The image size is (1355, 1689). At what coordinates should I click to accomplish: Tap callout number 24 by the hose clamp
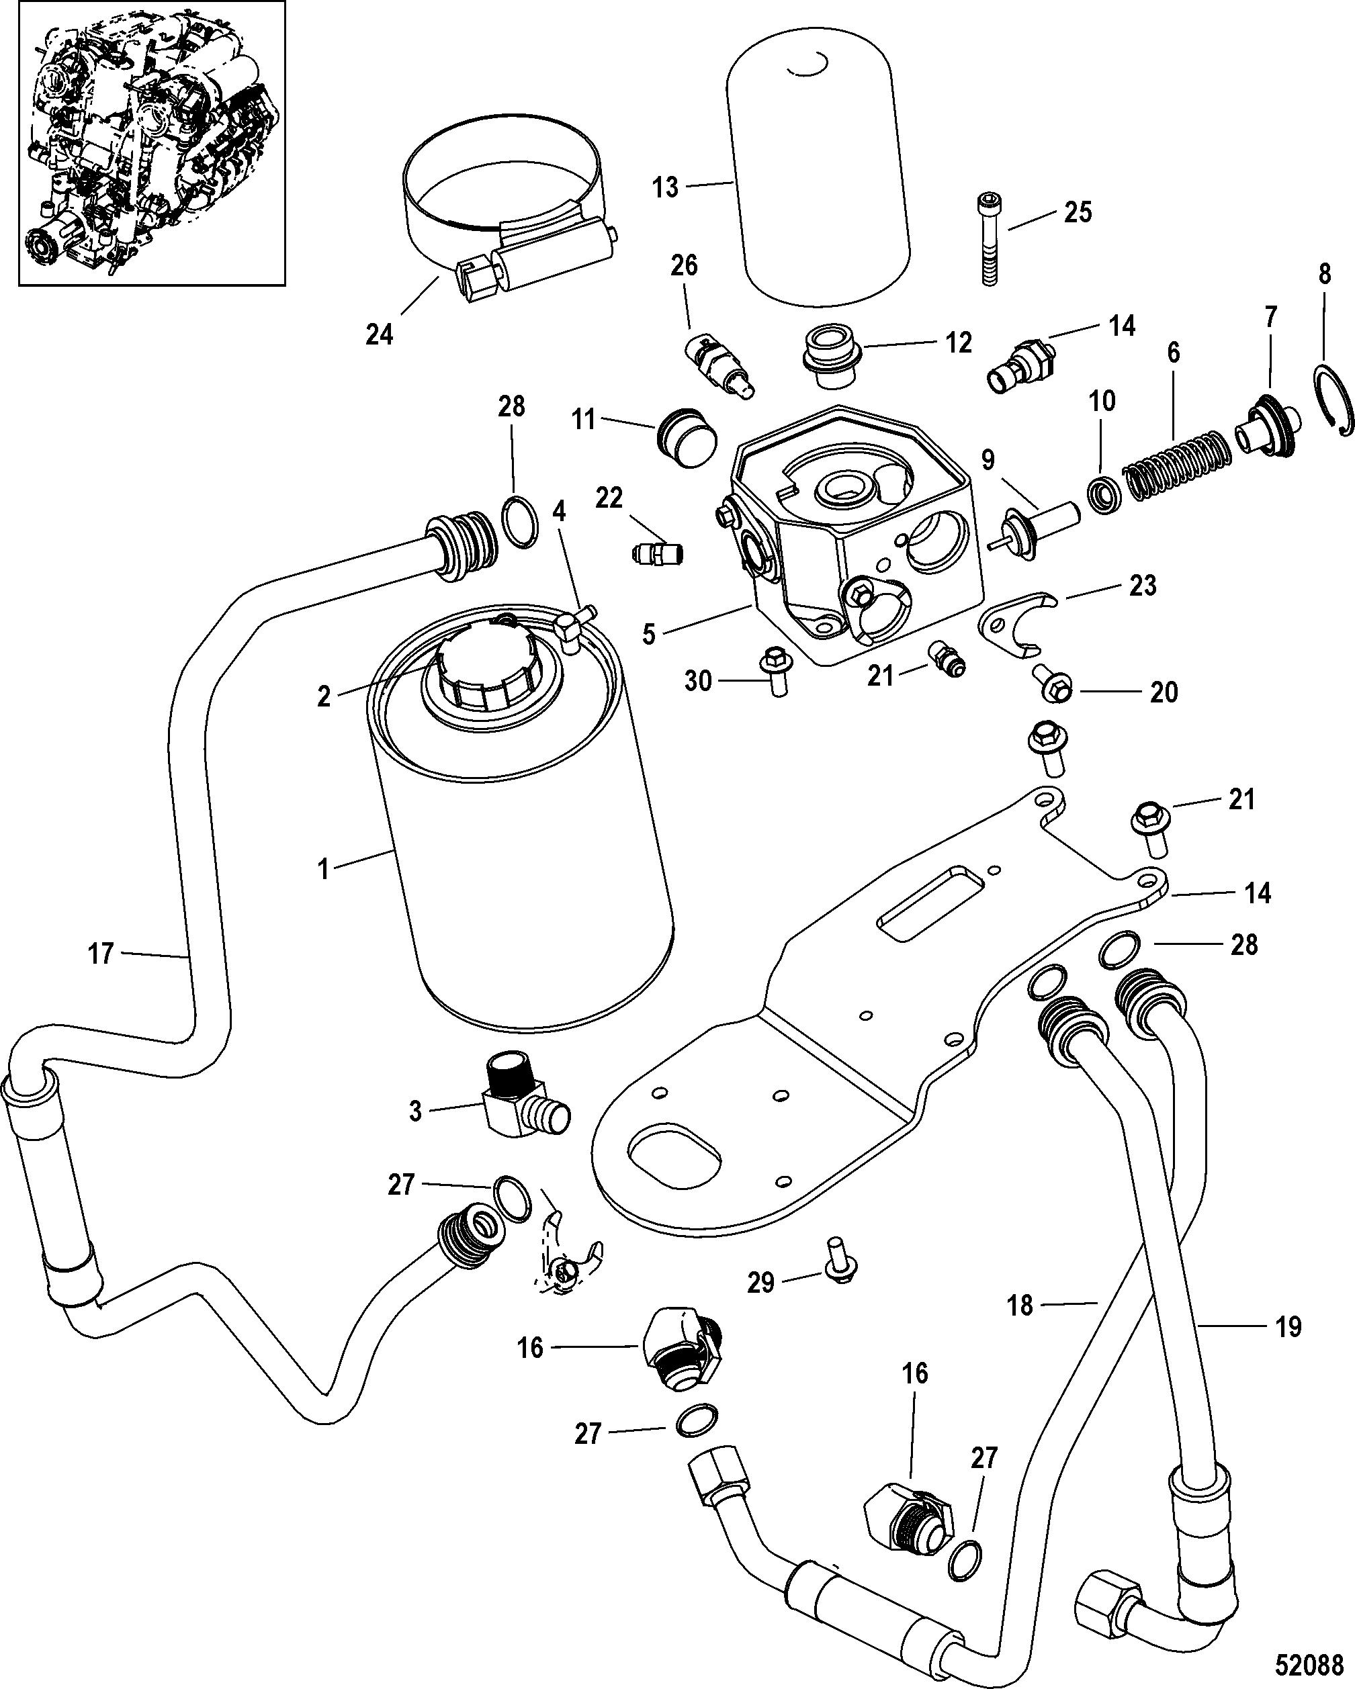coord(380,334)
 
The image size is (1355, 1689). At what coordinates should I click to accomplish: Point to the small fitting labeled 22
coord(657,553)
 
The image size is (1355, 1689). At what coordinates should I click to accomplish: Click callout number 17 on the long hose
coord(100,954)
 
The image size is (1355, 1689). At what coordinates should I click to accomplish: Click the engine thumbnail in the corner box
coord(142,143)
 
